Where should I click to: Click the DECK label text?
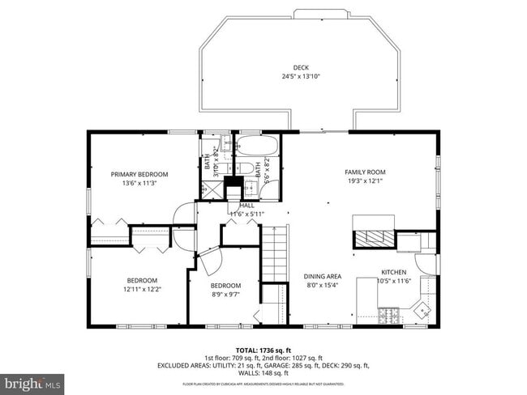click(x=301, y=67)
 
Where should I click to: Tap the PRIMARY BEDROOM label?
click(x=139, y=174)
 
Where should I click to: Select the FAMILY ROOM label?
click(x=365, y=172)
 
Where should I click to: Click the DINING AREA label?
click(x=322, y=276)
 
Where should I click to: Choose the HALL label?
click(x=246, y=206)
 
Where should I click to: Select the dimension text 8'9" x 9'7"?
click(x=225, y=295)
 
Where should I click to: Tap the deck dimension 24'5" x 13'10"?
click(x=301, y=77)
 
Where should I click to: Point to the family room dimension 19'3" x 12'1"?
click(x=365, y=181)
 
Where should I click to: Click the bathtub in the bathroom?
click(x=259, y=147)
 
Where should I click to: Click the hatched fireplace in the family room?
click(x=373, y=239)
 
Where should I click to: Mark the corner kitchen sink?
click(x=423, y=309)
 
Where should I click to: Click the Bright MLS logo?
click(x=32, y=381)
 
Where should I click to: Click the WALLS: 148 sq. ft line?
click(x=263, y=374)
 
